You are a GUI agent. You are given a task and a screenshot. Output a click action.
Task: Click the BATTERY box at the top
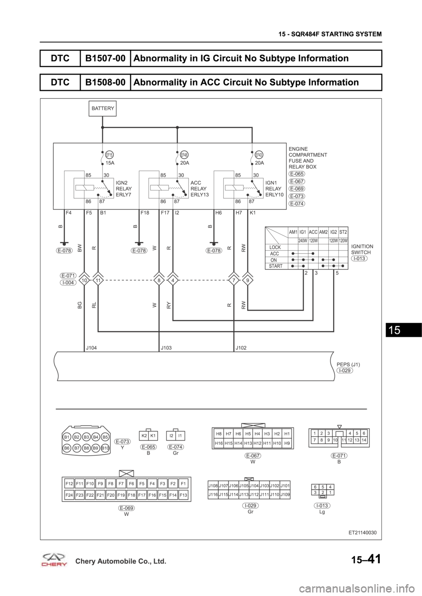click(102, 108)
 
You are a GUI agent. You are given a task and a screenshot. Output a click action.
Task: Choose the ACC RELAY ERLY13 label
click(199, 188)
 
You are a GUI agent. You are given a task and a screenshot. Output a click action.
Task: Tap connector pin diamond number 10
click(84, 280)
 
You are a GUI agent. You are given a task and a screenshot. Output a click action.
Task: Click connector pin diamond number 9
click(248, 280)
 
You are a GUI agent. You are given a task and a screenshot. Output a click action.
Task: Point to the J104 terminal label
click(91, 347)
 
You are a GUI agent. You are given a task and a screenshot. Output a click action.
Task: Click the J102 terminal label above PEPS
click(241, 347)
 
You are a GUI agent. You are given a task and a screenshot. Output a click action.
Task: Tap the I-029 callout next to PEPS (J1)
click(345, 371)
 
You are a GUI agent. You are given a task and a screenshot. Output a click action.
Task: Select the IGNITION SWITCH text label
click(362, 250)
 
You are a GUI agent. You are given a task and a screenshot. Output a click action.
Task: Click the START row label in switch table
click(276, 266)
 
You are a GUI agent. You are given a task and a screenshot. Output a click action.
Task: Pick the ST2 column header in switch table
click(343, 232)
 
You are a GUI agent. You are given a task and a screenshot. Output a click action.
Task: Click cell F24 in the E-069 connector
click(69, 495)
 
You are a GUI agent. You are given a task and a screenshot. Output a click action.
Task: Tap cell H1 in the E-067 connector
click(287, 433)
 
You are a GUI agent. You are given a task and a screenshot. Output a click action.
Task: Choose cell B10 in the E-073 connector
click(105, 448)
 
